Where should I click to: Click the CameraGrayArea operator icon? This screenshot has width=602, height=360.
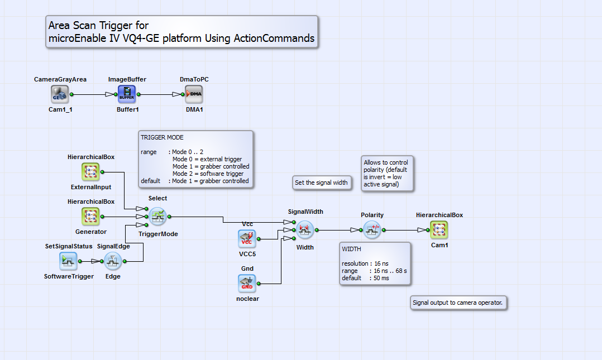click(60, 94)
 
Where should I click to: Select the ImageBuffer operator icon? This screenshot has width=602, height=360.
click(127, 94)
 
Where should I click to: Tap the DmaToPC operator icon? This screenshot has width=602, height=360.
click(194, 94)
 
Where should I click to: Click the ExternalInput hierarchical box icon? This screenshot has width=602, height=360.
click(90, 172)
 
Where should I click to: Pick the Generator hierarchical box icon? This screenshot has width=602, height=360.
click(90, 217)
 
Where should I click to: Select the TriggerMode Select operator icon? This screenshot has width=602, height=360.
click(157, 217)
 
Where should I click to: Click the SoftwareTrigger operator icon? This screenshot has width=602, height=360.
click(68, 261)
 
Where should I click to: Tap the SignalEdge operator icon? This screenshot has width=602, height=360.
click(113, 261)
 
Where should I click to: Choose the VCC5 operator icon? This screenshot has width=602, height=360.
click(247, 239)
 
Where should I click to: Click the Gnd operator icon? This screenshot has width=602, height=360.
click(247, 284)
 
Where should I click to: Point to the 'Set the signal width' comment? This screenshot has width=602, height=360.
click(321, 183)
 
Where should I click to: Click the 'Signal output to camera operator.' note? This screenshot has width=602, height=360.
click(458, 303)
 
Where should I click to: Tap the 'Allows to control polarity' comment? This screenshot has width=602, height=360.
click(387, 174)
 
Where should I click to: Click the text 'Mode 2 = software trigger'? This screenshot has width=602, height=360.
click(208, 174)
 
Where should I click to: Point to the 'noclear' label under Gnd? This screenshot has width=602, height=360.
click(247, 299)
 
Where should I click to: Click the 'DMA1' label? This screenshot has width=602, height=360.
click(194, 109)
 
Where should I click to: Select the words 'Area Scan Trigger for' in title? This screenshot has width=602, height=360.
click(98, 25)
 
